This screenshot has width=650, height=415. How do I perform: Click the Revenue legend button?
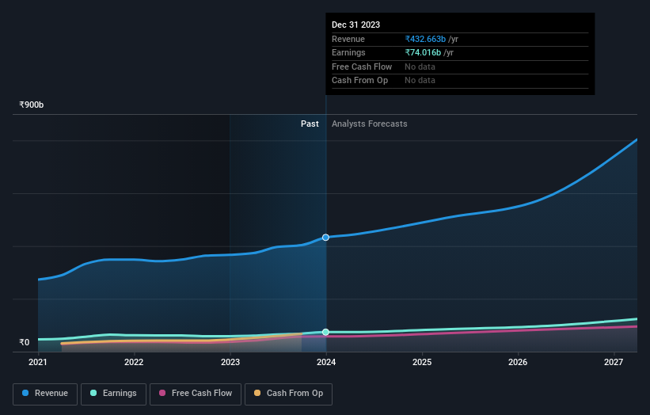45,394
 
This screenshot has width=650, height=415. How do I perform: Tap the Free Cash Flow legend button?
195,394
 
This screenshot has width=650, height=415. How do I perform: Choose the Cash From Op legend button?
288,394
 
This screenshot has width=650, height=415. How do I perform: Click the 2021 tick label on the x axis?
38,363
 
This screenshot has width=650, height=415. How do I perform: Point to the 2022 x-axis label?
134,363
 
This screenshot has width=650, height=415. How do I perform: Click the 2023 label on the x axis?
230,363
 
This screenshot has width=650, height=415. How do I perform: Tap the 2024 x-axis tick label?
325,363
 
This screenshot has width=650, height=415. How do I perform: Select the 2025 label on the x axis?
422,363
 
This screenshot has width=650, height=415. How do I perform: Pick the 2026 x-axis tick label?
518,363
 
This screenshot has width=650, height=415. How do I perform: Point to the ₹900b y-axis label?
32,105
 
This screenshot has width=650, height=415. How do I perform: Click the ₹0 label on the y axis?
25,343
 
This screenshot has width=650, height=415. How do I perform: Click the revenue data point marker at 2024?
325,238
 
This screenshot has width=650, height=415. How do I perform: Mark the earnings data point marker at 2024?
325,332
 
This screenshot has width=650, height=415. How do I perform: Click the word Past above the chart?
310,124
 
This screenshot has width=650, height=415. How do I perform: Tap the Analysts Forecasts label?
370,124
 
